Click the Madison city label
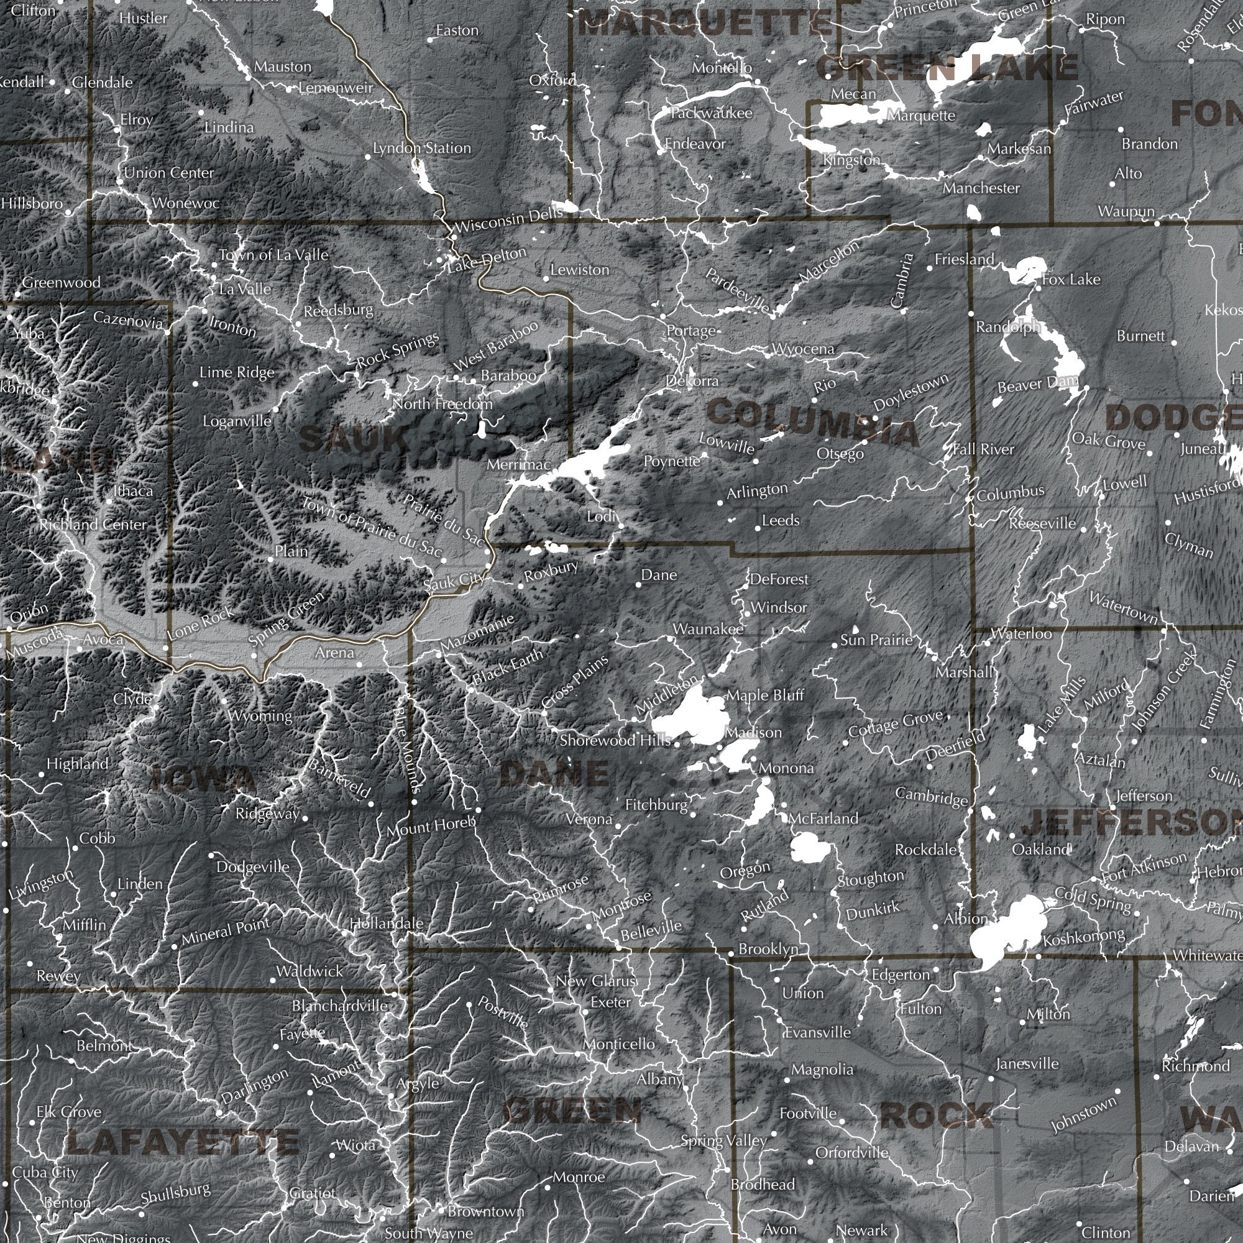[753, 732]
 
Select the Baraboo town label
[508, 375]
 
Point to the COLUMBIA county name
[812, 421]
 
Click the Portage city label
[691, 331]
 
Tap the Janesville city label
[1027, 1063]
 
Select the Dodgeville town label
[253, 866]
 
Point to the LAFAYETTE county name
[183, 1143]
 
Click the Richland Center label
[93, 524]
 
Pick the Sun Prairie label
[876, 640]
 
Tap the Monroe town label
[579, 1176]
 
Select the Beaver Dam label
[1037, 384]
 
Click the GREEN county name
[574, 1109]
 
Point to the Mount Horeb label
[431, 827]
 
